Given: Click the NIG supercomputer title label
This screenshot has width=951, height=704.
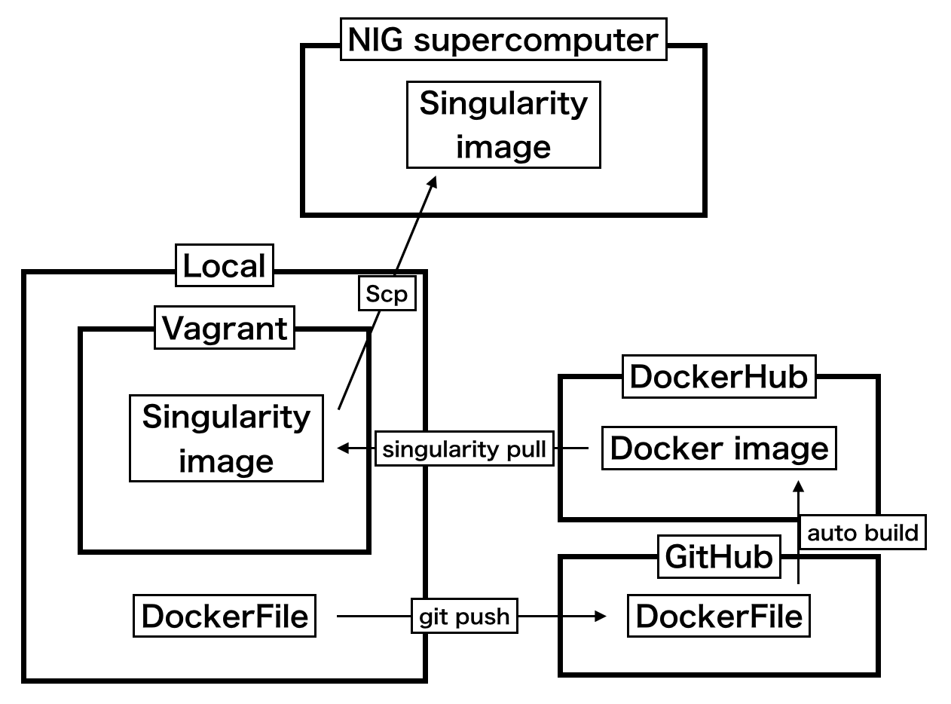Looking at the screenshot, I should (x=503, y=40).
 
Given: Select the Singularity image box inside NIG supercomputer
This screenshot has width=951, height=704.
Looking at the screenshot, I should (x=503, y=124).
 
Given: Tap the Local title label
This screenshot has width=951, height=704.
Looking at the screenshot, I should (x=225, y=266).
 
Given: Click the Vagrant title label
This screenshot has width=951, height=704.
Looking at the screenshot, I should (x=225, y=329).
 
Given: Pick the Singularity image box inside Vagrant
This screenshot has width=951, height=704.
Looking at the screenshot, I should (x=226, y=438).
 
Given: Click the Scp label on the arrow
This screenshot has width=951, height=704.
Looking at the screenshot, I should (x=387, y=295).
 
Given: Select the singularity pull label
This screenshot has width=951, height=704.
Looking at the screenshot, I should (x=464, y=450).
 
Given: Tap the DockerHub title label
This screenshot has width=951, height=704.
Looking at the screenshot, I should (x=719, y=377).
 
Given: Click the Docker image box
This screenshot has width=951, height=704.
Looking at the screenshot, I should (x=719, y=448).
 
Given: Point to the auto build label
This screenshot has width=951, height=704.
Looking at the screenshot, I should (x=863, y=533).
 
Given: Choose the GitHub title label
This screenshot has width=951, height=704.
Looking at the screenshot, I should (x=719, y=557).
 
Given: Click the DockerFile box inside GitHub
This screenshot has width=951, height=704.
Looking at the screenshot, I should (x=719, y=616).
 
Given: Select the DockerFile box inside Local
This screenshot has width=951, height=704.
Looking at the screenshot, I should (x=225, y=616).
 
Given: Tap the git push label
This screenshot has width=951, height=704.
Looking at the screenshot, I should (x=464, y=617).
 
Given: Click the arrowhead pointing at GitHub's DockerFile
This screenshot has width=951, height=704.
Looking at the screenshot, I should (x=601, y=617).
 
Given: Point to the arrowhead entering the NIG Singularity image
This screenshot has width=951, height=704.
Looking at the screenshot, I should (x=433, y=183).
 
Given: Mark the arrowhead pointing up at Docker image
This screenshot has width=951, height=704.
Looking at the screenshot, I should (x=799, y=482).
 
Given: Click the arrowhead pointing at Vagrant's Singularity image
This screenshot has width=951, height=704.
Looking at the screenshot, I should (x=343, y=448).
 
